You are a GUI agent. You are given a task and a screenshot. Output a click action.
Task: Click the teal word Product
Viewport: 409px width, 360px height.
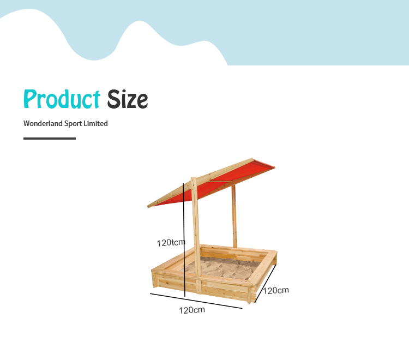(x=62, y=99)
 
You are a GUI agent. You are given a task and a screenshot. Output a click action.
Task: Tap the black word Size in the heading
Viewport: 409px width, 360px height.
(x=128, y=99)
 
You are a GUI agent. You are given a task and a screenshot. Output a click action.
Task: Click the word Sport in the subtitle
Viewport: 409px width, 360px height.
(x=73, y=124)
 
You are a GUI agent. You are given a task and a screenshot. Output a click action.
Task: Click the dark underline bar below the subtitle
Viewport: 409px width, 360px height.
(x=50, y=139)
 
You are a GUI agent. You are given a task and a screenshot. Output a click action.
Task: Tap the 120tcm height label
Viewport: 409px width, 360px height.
(x=171, y=243)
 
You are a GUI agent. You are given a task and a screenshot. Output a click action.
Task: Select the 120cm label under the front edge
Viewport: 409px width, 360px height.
(x=192, y=310)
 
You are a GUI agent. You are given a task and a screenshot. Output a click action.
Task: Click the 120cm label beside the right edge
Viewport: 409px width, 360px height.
(x=276, y=290)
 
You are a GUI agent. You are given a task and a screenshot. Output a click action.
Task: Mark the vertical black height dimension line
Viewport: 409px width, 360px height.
(x=184, y=240)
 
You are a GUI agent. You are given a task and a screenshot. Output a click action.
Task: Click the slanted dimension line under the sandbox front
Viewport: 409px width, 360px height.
(x=196, y=301)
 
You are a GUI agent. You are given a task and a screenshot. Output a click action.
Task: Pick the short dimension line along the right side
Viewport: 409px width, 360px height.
(x=266, y=283)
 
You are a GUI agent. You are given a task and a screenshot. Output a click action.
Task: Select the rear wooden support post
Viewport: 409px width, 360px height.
(x=234, y=216)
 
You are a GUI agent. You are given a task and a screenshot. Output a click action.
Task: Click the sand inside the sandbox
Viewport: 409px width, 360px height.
(x=224, y=267)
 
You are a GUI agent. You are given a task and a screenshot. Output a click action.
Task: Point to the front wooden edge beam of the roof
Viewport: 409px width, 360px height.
(x=200, y=183)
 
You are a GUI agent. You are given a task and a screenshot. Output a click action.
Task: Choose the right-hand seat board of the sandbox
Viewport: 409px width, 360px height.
(x=263, y=269)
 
